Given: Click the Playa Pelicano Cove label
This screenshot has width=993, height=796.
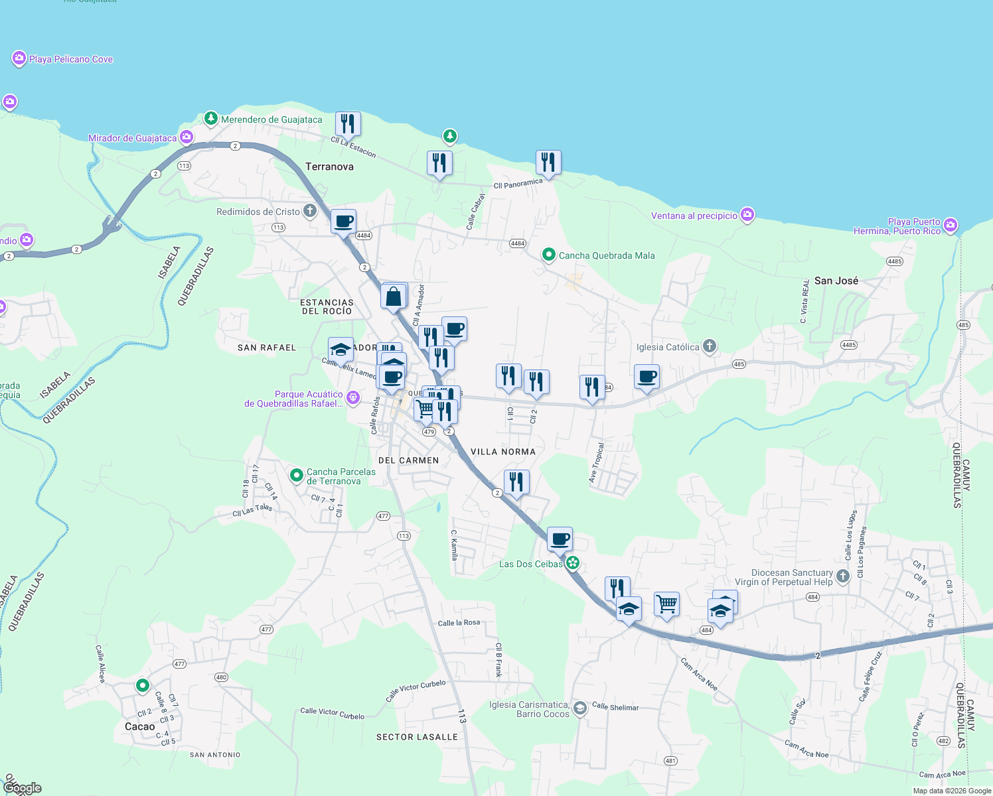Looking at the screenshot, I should pyautogui.click(x=71, y=59).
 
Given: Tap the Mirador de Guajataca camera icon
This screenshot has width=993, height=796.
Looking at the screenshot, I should pyautogui.click(x=187, y=137).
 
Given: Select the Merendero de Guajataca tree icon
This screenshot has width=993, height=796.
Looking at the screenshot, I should pyautogui.click(x=211, y=119).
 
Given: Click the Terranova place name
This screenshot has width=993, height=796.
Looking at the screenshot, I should pyautogui.click(x=329, y=166).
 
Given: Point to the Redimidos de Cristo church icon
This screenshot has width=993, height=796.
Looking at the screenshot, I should pyautogui.click(x=309, y=211).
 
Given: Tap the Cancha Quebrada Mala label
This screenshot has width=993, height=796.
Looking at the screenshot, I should pyautogui.click(x=607, y=255).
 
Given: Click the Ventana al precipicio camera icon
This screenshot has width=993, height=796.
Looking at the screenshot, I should pyautogui.click(x=747, y=215).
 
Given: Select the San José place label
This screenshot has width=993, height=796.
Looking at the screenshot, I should pyautogui.click(x=836, y=281).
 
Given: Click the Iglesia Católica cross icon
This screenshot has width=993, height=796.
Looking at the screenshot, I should pyautogui.click(x=710, y=346).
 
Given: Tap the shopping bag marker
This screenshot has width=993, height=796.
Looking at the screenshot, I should pyautogui.click(x=394, y=296).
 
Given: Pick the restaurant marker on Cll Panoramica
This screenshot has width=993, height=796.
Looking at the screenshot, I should pyautogui.click(x=548, y=162).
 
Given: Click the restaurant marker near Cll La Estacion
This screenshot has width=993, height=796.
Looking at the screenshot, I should pyautogui.click(x=347, y=123).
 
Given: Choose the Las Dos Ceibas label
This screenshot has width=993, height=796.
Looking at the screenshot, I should pyautogui.click(x=531, y=564).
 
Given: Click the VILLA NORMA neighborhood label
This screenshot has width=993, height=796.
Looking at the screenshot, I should pyautogui.click(x=503, y=452).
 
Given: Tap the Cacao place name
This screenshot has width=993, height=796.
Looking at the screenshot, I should pyautogui.click(x=140, y=726).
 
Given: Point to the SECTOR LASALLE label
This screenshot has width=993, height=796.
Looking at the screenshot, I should pyautogui.click(x=417, y=737).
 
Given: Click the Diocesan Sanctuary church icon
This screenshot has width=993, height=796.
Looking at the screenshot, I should pyautogui.click(x=843, y=576).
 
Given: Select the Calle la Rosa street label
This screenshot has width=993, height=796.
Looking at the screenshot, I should pyautogui.click(x=459, y=623).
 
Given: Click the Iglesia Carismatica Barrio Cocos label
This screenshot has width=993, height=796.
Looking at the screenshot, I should pyautogui.click(x=529, y=709).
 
